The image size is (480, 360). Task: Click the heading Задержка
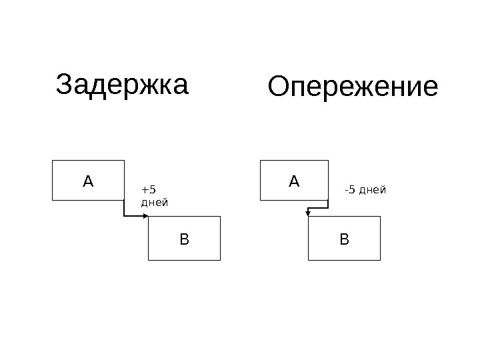click(123, 85)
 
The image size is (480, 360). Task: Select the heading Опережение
click(353, 87)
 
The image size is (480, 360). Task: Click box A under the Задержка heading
click(89, 180)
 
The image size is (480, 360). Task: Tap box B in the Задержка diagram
click(184, 238)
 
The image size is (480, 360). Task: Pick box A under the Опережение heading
click(294, 180)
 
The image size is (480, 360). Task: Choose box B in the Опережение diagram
click(344, 238)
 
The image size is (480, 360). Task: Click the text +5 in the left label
click(148, 190)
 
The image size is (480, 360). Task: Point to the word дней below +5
click(155, 201)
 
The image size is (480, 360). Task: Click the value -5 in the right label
click(350, 191)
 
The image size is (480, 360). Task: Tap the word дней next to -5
click(373, 191)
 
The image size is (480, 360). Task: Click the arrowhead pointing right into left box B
click(145, 216)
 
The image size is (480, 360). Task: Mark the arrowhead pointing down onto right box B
click(308, 213)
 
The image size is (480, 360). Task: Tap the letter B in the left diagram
click(184, 238)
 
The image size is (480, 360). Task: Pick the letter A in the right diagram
click(294, 180)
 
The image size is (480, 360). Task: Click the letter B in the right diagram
click(344, 238)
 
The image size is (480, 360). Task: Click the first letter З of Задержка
click(65, 85)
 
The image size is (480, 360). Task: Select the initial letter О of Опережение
click(278, 87)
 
